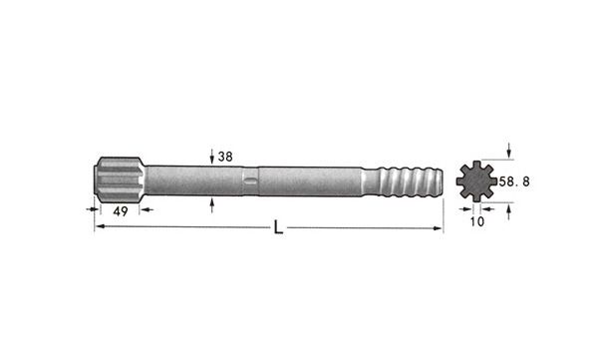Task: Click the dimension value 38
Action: [225, 157]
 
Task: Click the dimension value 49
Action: [121, 211]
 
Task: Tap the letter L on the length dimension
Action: [278, 227]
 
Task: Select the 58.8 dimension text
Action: [514, 181]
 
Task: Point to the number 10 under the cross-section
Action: [476, 221]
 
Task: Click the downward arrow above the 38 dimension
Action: [212, 157]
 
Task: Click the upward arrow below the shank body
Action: [212, 205]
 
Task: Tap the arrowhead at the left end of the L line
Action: [100, 226]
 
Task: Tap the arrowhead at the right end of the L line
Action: [438, 228]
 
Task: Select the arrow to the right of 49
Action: [147, 209]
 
